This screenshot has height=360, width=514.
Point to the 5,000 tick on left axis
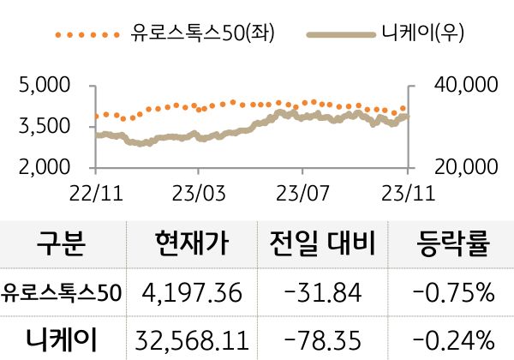(44, 86)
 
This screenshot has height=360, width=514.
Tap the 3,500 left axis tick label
(44, 127)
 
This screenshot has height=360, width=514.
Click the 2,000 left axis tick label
(44, 167)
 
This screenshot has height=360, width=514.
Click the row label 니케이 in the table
(61, 338)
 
